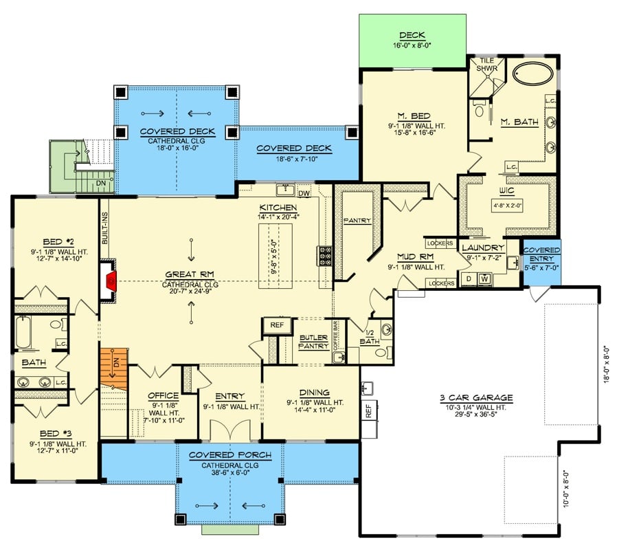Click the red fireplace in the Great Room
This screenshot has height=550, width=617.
point(111,280)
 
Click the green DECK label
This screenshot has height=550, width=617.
point(412,35)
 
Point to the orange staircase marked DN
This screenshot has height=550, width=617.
point(114,368)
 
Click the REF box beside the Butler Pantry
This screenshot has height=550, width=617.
point(277,326)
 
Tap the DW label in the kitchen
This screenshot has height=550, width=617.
point(304,193)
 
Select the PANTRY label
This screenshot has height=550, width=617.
point(357,221)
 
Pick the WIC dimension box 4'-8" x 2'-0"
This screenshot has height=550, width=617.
point(509,205)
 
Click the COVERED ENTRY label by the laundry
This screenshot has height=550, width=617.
point(541,254)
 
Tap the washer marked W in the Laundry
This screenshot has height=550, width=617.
point(484,278)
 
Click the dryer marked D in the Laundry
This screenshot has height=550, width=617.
point(469,278)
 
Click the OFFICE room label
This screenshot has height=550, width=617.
point(164,396)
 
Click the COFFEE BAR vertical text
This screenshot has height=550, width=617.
point(336,336)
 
